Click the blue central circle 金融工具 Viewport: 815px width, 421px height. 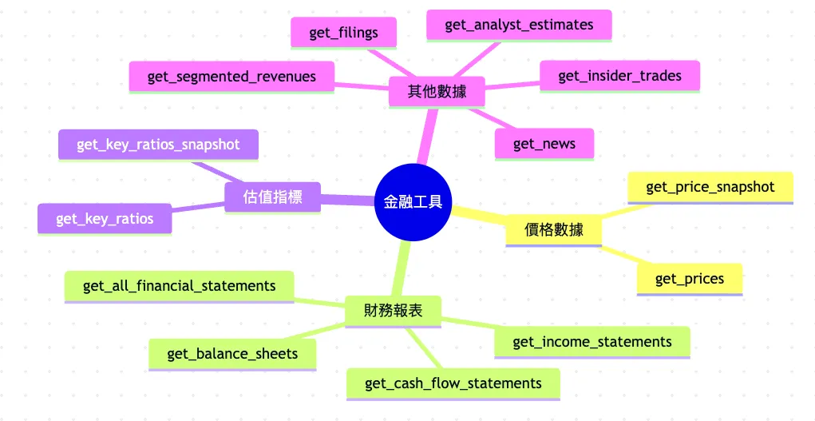pyautogui.click(x=413, y=202)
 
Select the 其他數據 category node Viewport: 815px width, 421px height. pyautogui.click(x=436, y=92)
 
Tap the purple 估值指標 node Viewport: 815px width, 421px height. pyautogui.click(x=272, y=197)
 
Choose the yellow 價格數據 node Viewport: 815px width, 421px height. pyautogui.click(x=553, y=230)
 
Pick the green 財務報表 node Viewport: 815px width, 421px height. pyautogui.click(x=393, y=311)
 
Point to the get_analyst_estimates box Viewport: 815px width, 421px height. pyautogui.click(x=519, y=25)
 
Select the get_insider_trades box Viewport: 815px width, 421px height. pyautogui.click(x=619, y=76)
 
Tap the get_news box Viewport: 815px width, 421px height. pyautogui.click(x=545, y=144)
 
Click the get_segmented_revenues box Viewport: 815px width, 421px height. pyautogui.click(x=231, y=77)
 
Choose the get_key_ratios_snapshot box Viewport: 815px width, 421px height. pyautogui.click(x=158, y=145)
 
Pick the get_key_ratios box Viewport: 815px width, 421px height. pyautogui.click(x=105, y=219)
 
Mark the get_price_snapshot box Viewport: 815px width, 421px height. pyautogui.click(x=710, y=187)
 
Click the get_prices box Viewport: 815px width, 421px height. pyautogui.click(x=690, y=279)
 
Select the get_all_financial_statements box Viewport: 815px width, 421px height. pyautogui.click(x=179, y=286)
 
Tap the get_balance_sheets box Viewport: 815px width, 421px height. pyautogui.click(x=232, y=354)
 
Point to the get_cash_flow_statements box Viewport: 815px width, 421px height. pyautogui.click(x=453, y=383)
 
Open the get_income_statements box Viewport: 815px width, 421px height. pyautogui.click(x=591, y=342)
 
